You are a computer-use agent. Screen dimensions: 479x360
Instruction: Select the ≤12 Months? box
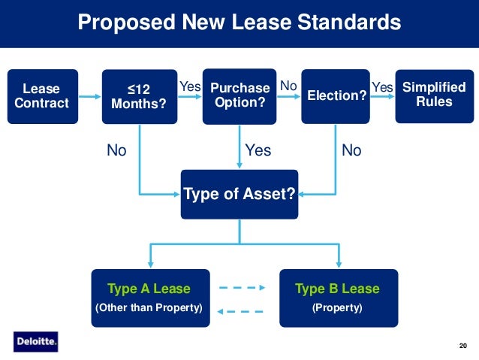tap(138, 96)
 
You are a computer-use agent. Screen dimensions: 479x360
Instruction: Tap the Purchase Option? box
tap(239, 96)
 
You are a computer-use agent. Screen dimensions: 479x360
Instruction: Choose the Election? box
tap(335, 96)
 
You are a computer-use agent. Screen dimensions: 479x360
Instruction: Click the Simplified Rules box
tap(434, 96)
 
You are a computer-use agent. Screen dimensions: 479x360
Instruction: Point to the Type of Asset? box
tap(239, 195)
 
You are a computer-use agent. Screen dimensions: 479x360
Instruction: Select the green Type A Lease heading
tap(149, 289)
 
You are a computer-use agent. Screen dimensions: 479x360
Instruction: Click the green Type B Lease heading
tap(337, 289)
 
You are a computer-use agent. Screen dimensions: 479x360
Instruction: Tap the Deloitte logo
tap(35, 342)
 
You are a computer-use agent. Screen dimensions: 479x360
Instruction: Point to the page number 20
tap(462, 345)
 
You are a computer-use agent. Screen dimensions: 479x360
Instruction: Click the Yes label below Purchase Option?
tap(258, 151)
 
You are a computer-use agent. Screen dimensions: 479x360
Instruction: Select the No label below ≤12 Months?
tap(116, 151)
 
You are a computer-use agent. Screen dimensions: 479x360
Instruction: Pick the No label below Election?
tap(351, 151)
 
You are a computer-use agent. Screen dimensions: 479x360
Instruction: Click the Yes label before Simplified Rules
tap(382, 88)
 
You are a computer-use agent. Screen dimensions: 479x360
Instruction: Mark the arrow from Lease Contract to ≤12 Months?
tap(88, 96)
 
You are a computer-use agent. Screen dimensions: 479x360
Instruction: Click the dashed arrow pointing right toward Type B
tap(241, 287)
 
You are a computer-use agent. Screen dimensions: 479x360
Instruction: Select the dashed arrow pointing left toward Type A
tap(241, 311)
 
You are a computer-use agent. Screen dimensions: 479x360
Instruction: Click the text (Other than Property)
tap(149, 308)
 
